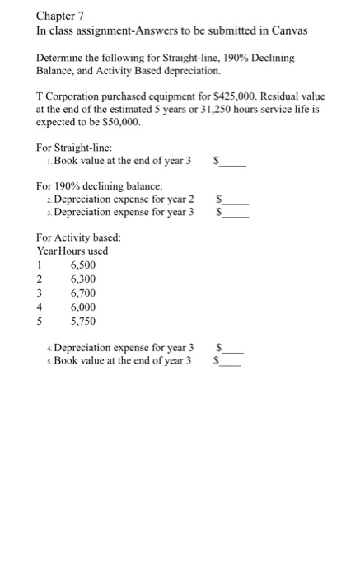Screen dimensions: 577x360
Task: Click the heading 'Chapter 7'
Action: (x=63, y=16)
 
